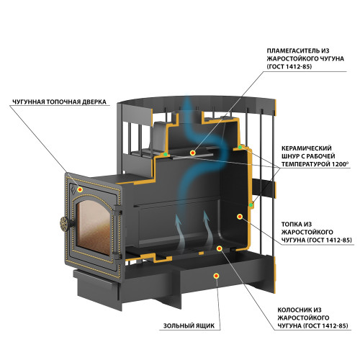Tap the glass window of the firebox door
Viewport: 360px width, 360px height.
pos(94,228)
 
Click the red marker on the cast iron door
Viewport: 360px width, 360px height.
pos(80,189)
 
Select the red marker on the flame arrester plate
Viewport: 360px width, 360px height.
pos(192,153)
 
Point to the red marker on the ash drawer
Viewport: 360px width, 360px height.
pos(216,276)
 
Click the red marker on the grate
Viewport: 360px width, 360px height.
pos(219,248)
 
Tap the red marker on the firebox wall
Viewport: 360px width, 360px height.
pos(240,217)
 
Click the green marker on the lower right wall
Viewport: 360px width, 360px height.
pos(251,205)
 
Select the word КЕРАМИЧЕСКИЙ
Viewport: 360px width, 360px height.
pos(307,148)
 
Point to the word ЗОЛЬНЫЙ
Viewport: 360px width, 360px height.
pos(177,325)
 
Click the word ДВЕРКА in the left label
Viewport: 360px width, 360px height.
pos(94,102)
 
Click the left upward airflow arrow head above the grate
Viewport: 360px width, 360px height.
pos(178,219)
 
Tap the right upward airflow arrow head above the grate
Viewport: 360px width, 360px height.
pos(206,215)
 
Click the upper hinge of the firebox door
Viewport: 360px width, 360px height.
pos(118,210)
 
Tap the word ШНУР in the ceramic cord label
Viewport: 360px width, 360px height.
pos(290,156)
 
